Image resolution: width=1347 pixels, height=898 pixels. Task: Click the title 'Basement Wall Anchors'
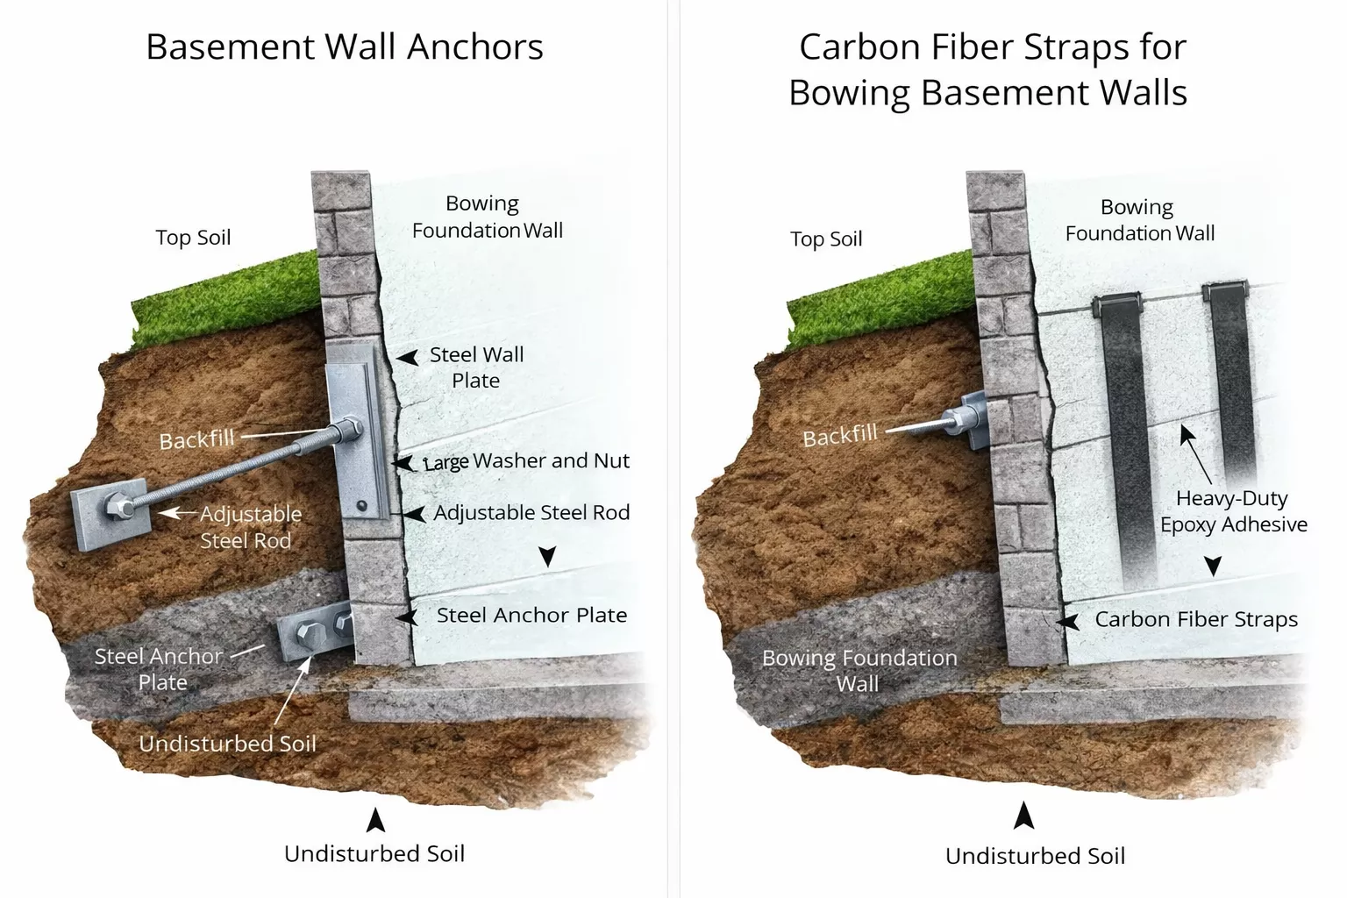coord(344,47)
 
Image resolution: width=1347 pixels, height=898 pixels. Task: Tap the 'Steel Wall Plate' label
coord(476,367)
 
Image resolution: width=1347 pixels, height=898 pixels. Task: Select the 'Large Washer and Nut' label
coord(526,461)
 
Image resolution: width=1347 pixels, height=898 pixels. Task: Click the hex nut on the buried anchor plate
coord(116,507)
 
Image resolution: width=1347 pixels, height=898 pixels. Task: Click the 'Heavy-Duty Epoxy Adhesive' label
coord(1233,511)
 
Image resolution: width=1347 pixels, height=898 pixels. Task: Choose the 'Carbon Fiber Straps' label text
coord(1196,619)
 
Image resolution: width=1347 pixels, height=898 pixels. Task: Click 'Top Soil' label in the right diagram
coord(826,239)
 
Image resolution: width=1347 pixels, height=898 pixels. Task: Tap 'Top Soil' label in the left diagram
coord(193,238)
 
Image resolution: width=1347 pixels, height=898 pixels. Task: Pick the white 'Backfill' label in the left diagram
coord(196,438)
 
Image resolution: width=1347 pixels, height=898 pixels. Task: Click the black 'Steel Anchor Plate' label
coord(531,616)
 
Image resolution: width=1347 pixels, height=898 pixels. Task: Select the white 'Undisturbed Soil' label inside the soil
coord(227,744)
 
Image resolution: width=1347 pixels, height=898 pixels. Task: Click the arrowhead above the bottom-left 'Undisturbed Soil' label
coord(375,820)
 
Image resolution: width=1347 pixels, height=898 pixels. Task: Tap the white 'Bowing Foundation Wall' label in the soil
coord(859,670)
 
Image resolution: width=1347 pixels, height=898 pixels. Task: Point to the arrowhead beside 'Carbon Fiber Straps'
coord(1067,622)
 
